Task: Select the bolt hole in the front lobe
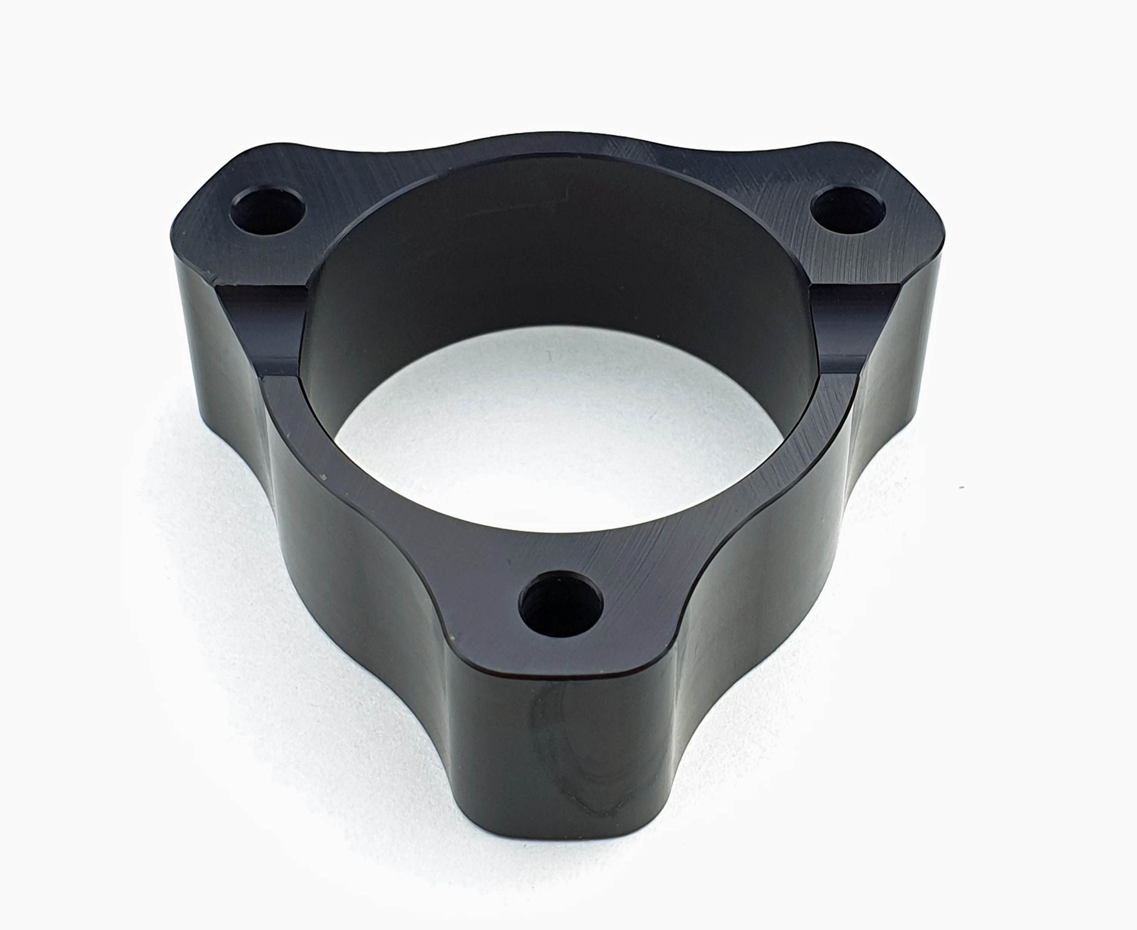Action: [x=561, y=603]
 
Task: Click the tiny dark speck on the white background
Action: [x=962, y=488]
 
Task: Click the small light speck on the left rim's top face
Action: [x=322, y=476]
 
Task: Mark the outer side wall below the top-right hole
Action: [x=906, y=348]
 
